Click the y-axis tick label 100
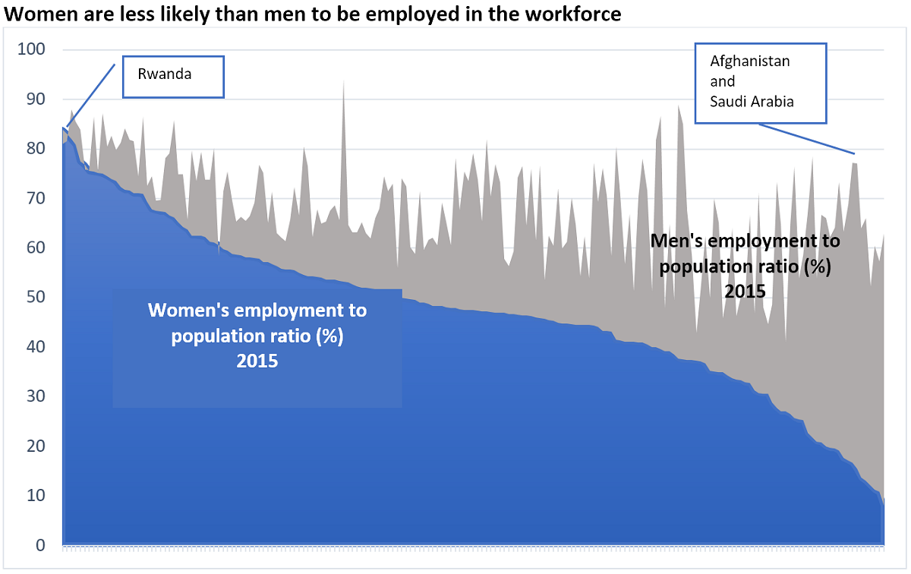(31, 50)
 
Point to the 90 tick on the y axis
(35, 99)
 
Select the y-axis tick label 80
(35, 149)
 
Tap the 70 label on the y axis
(35, 198)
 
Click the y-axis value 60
(35, 248)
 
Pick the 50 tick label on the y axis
(35, 298)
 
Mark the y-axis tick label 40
(35, 347)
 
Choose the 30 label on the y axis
(35, 396)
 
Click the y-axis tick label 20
(35, 446)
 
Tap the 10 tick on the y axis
(35, 496)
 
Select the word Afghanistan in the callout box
(750, 61)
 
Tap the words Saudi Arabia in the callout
(752, 101)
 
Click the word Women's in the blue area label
(184, 311)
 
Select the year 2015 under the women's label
(257, 361)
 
